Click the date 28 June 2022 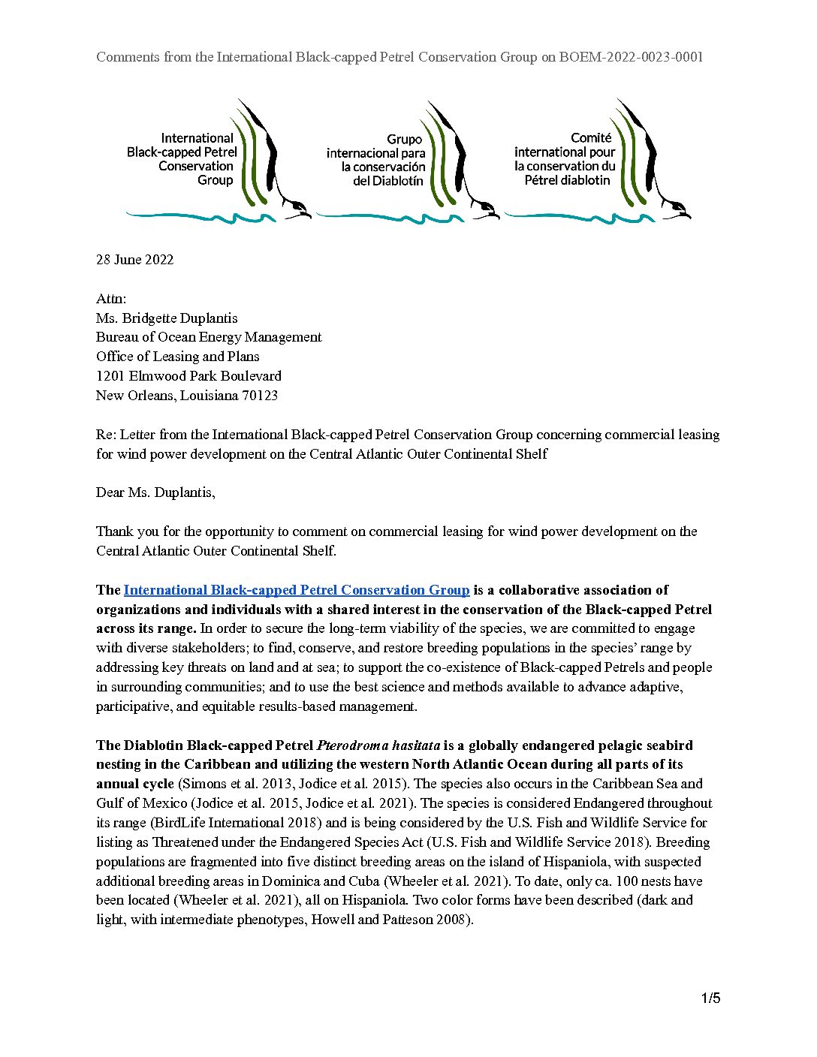[134, 260]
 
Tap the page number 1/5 [710, 998]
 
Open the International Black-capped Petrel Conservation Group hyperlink [297, 590]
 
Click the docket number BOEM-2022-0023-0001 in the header [631, 57]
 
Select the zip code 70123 [260, 396]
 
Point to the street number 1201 [110, 376]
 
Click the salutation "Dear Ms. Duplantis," [155, 492]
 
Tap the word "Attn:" [111, 299]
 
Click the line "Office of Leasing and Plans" [177, 357]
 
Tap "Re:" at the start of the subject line [106, 435]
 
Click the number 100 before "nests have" [627, 881]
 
